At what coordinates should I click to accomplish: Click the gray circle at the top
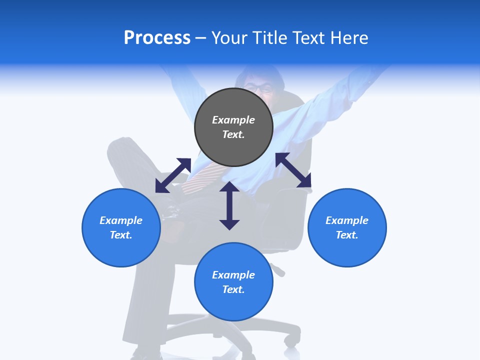pos(233,127)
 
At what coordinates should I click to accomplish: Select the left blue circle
pos(121,227)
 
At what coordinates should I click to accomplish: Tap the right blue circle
pos(347,227)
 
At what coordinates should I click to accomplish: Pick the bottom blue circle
pos(233,282)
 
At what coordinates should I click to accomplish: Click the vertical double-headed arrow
pos(229,205)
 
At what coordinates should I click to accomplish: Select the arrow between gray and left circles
pos(173,175)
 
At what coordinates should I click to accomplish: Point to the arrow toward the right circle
pos(293,170)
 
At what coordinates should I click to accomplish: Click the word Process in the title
pos(157,37)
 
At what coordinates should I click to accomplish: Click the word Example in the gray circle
pos(233,120)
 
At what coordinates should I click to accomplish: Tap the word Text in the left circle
pos(121,235)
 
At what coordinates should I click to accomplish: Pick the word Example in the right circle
pos(347,220)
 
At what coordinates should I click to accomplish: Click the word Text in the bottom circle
pos(233,289)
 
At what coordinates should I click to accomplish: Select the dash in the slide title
pos(201,38)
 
